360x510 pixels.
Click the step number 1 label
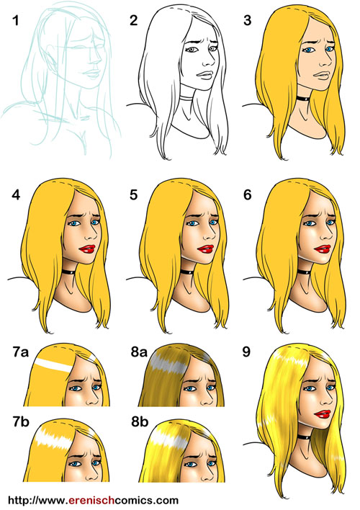coord(15,21)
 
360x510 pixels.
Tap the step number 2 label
coord(134,20)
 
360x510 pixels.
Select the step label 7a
coord(20,352)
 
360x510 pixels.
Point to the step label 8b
coord(140,421)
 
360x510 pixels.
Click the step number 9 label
coord(246,352)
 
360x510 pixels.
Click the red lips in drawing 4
coord(87,249)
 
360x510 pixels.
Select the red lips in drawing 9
coord(323,414)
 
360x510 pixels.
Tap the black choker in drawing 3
coord(302,98)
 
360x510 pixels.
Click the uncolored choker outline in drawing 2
coord(186,98)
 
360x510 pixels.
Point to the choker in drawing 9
coord(303,437)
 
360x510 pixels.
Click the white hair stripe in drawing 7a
coord(54,365)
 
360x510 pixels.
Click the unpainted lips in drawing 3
coord(323,76)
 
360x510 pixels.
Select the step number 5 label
coord(134,194)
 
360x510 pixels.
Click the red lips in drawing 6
coord(323,249)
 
